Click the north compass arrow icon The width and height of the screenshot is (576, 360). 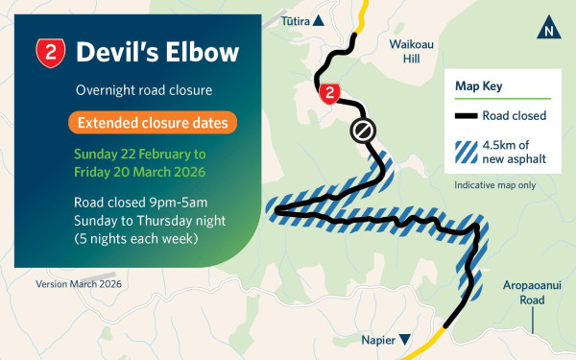(x=547, y=28)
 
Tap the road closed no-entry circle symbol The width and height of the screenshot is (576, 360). (x=363, y=130)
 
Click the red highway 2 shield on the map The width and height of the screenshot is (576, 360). (x=329, y=92)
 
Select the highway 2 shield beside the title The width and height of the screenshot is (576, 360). (x=50, y=53)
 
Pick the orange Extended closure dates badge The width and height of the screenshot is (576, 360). (x=153, y=123)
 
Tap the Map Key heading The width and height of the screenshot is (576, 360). (x=479, y=86)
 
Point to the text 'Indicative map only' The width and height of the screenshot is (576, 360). (x=492, y=183)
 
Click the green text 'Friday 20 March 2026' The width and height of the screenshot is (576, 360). (x=140, y=172)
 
